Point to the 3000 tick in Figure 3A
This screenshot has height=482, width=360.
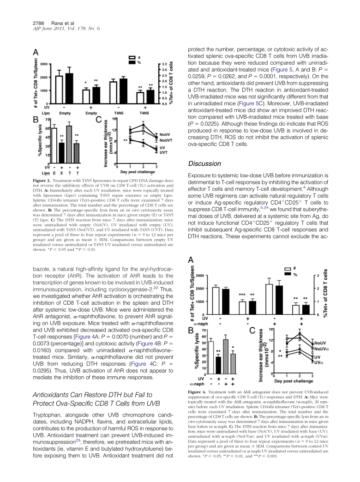[42, 64]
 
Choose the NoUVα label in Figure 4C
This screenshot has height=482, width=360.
[321, 349]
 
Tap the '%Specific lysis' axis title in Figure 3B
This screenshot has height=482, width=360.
[40, 135]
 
